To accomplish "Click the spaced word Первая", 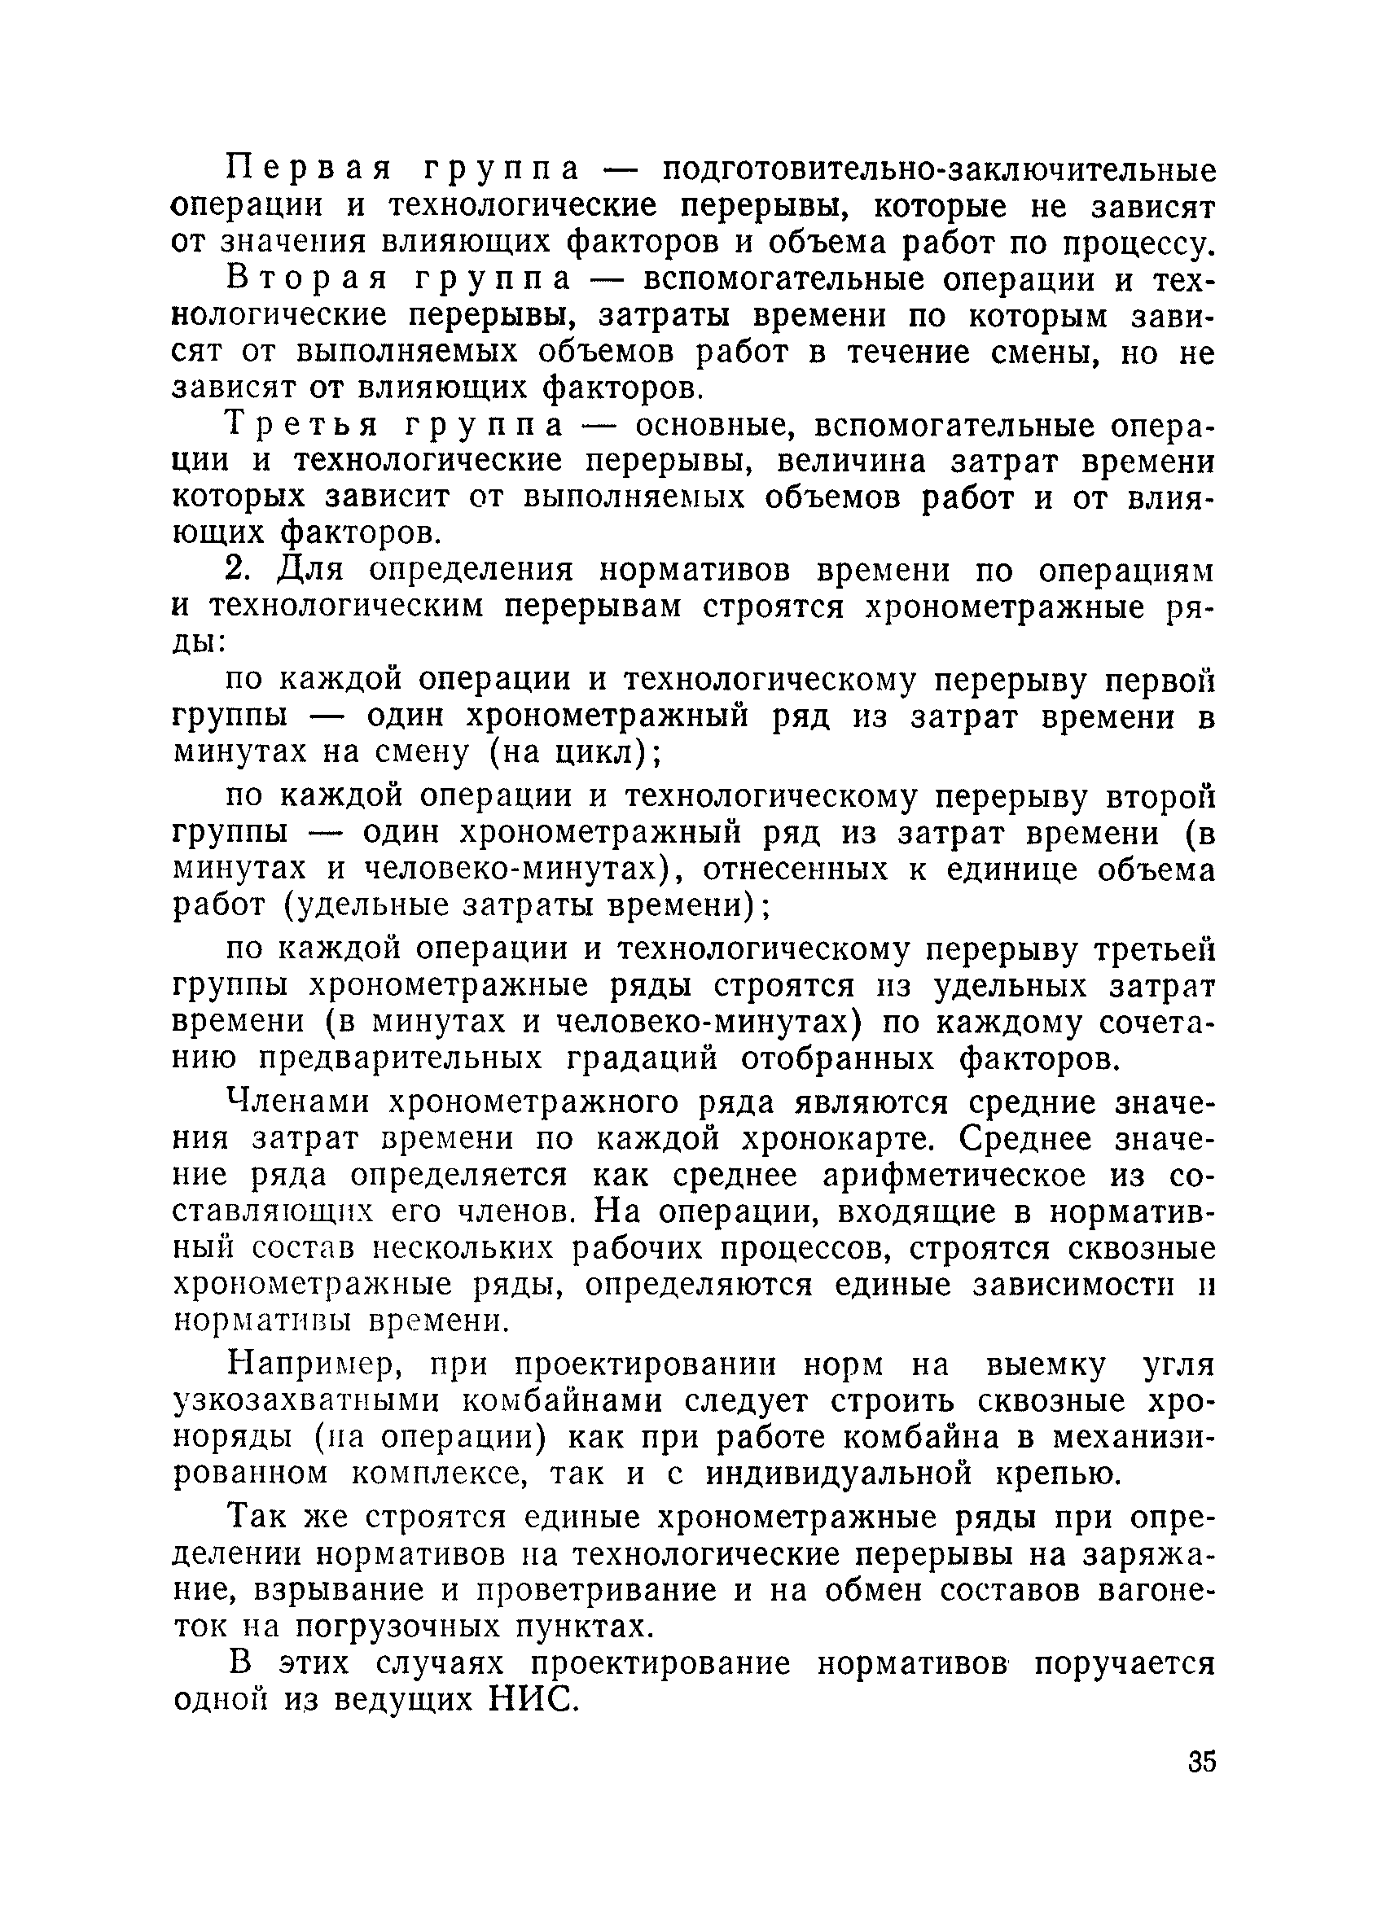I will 309,169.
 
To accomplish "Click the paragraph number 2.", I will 239,571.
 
